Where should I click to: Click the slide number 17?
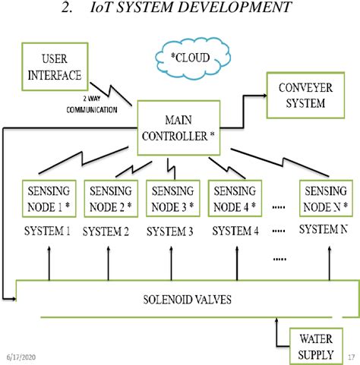[x=351, y=356]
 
